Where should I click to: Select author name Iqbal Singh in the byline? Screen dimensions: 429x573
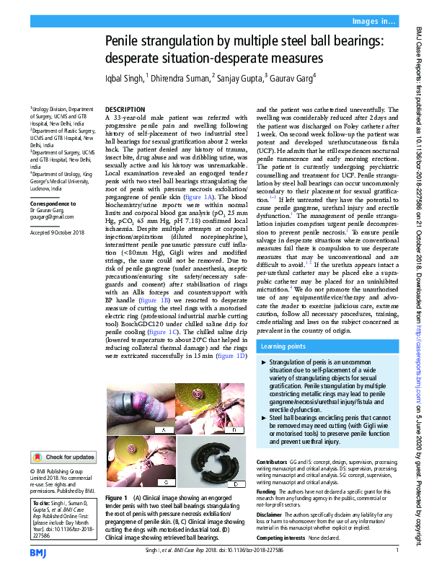pos(124,76)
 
